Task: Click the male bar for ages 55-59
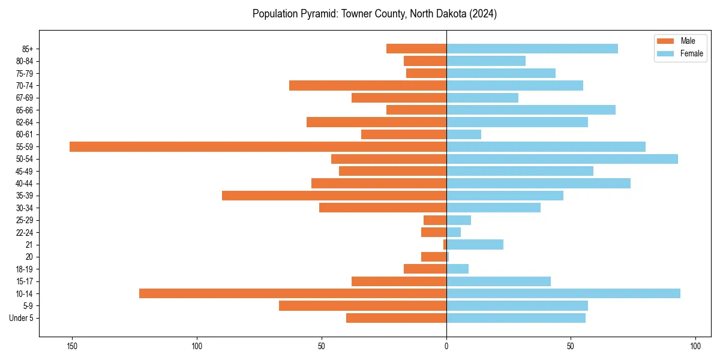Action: point(258,146)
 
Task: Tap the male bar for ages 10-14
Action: point(293,293)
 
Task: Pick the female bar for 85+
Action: point(532,49)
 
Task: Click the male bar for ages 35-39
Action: point(334,196)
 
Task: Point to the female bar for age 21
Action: point(475,244)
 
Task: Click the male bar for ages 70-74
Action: point(368,85)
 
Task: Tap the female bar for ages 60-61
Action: point(464,134)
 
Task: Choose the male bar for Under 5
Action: point(396,318)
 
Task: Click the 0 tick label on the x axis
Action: point(446,346)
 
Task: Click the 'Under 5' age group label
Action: point(21,318)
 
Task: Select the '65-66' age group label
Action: point(25,110)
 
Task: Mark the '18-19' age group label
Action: point(25,269)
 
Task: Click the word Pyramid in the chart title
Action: point(319,14)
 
